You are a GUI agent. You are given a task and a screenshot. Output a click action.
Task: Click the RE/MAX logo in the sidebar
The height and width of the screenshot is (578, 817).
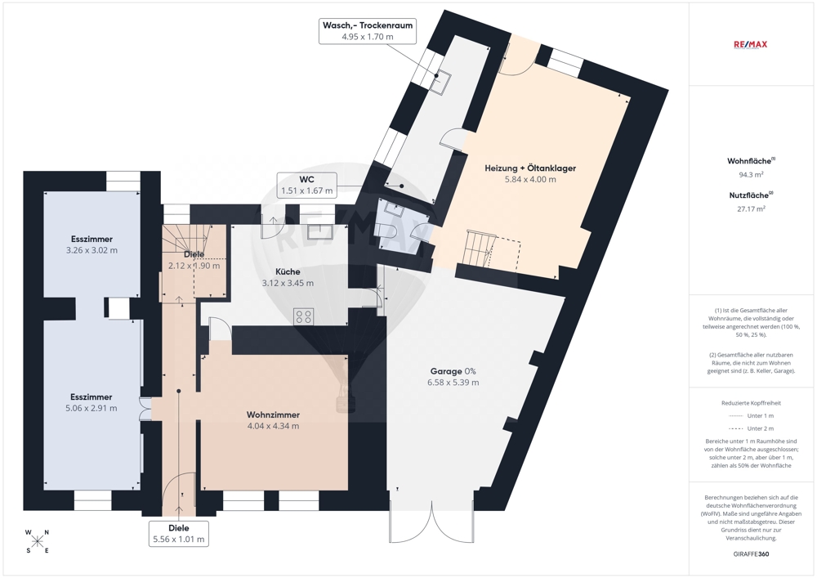pyautogui.click(x=750, y=44)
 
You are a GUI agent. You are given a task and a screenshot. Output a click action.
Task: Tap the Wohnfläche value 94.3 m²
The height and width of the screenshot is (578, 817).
pyautogui.click(x=751, y=175)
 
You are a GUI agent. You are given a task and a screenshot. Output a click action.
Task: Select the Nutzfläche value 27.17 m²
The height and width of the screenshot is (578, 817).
pyautogui.click(x=751, y=209)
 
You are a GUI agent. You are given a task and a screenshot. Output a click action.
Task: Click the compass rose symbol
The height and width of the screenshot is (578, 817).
pyautogui.click(x=37, y=541)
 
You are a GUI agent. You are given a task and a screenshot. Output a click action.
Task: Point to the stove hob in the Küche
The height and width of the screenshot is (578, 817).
pyautogui.click(x=304, y=316)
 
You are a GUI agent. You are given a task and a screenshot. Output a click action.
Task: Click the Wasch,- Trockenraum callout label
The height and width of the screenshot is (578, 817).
pyautogui.click(x=368, y=31)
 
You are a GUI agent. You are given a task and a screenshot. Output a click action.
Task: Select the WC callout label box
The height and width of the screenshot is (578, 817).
pyautogui.click(x=307, y=185)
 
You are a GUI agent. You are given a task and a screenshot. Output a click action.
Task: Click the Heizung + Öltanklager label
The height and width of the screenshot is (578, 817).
pyautogui.click(x=530, y=168)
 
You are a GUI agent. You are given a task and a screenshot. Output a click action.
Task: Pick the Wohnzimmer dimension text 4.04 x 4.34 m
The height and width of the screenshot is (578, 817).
pyautogui.click(x=273, y=426)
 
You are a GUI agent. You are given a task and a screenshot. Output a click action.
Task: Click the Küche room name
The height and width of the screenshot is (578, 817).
pyautogui.click(x=288, y=271)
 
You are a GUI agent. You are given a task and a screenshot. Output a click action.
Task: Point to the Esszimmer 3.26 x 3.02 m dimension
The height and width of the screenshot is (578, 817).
pyautogui.click(x=92, y=250)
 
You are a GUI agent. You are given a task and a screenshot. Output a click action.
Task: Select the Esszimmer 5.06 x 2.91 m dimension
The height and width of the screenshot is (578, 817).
pyautogui.click(x=92, y=408)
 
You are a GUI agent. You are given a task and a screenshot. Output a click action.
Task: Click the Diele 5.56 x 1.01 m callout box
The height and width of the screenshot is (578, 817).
pyautogui.click(x=179, y=534)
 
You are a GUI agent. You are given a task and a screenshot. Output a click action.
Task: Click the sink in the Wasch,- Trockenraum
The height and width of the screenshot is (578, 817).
pyautogui.click(x=440, y=81)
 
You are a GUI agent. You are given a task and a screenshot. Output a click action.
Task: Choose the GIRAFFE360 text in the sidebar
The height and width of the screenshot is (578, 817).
pyautogui.click(x=750, y=554)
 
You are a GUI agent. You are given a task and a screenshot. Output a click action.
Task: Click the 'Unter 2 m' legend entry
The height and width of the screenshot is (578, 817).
pyautogui.click(x=751, y=428)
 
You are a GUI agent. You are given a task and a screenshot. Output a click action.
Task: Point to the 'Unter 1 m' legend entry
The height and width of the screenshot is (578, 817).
pyautogui.click(x=751, y=416)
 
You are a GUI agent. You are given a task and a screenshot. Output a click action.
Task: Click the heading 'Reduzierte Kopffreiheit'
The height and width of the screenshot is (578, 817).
pyautogui.click(x=751, y=403)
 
